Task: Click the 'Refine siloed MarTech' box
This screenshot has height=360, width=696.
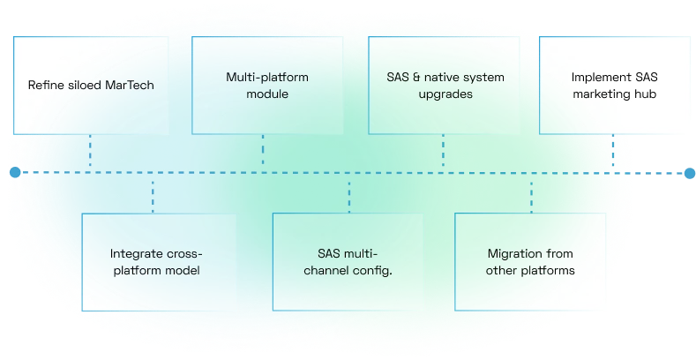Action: [90, 86]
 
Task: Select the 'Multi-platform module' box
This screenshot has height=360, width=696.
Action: [263, 85]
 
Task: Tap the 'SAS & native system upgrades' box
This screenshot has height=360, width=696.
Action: [444, 85]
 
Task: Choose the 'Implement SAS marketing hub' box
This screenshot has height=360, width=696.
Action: [614, 85]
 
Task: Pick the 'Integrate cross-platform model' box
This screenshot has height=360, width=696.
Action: [155, 261]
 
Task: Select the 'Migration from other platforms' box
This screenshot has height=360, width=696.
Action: [530, 261]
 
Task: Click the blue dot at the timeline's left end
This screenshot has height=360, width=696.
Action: [15, 173]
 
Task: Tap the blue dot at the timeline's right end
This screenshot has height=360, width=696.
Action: [689, 173]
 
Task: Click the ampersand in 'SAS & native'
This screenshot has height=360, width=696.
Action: [416, 77]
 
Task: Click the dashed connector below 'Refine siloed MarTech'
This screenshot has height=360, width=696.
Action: [90, 153]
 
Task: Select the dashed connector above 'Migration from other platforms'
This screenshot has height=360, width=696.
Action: [531, 194]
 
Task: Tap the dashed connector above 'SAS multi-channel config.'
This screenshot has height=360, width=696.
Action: [349, 194]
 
